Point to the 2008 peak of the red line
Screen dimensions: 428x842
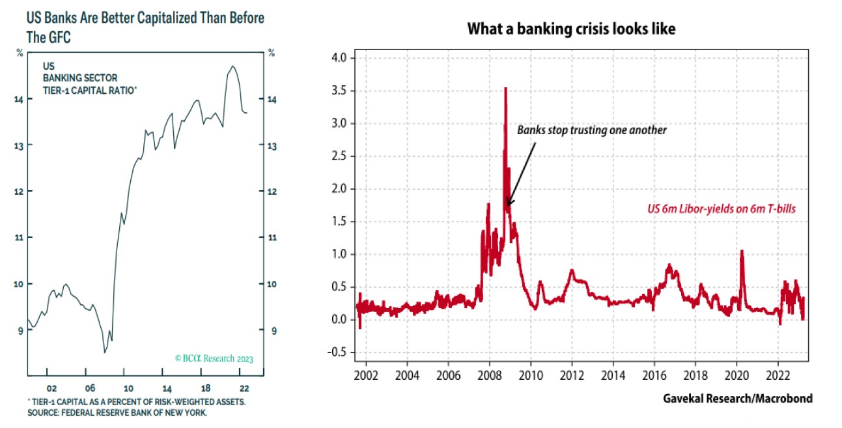pyautogui.click(x=505, y=89)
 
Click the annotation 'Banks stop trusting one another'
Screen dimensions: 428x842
pyautogui.click(x=592, y=130)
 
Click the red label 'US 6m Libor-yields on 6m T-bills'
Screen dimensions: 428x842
pyautogui.click(x=722, y=209)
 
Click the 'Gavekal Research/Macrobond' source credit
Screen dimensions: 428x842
pyautogui.click(x=737, y=398)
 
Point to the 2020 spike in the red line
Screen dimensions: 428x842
pyautogui.click(x=742, y=251)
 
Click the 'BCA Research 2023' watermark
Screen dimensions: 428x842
pyautogui.click(x=214, y=358)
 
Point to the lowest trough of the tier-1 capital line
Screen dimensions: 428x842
pyautogui.click(x=105, y=352)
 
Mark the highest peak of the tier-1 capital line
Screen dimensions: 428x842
pyautogui.click(x=232, y=66)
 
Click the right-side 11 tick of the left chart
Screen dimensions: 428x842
pyautogui.click(x=272, y=238)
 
